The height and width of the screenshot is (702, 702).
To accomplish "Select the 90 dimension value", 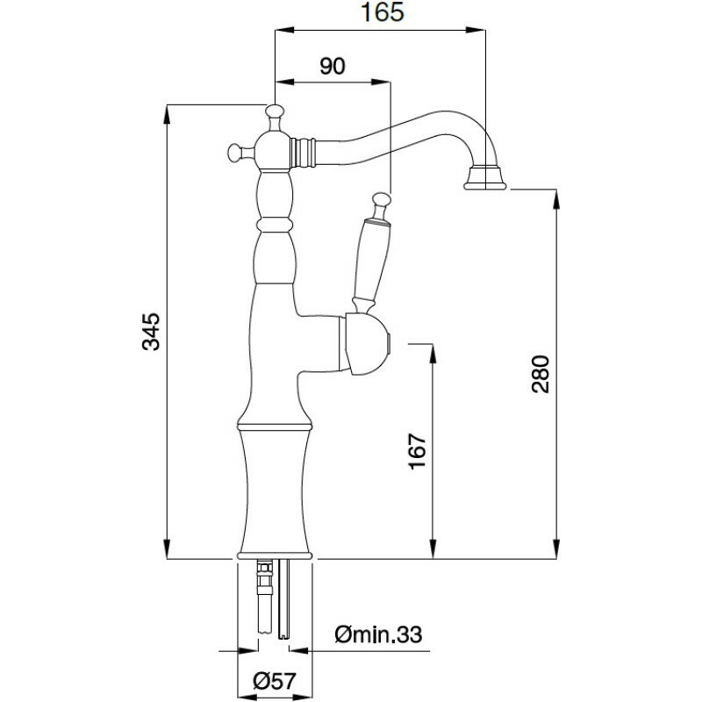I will (332, 67).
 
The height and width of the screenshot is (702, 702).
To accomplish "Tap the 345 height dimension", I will (152, 331).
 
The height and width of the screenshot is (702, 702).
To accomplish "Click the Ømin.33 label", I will (379, 633).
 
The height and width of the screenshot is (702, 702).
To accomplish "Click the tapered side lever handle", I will (367, 260).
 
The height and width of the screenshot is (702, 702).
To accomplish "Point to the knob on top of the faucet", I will (276, 113).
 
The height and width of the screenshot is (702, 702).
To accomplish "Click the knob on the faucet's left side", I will (234, 152).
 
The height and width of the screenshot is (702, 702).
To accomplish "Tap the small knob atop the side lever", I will (380, 199).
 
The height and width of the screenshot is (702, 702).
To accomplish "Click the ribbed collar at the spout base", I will (304, 151).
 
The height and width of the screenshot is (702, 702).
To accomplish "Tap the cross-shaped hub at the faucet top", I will (274, 150).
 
